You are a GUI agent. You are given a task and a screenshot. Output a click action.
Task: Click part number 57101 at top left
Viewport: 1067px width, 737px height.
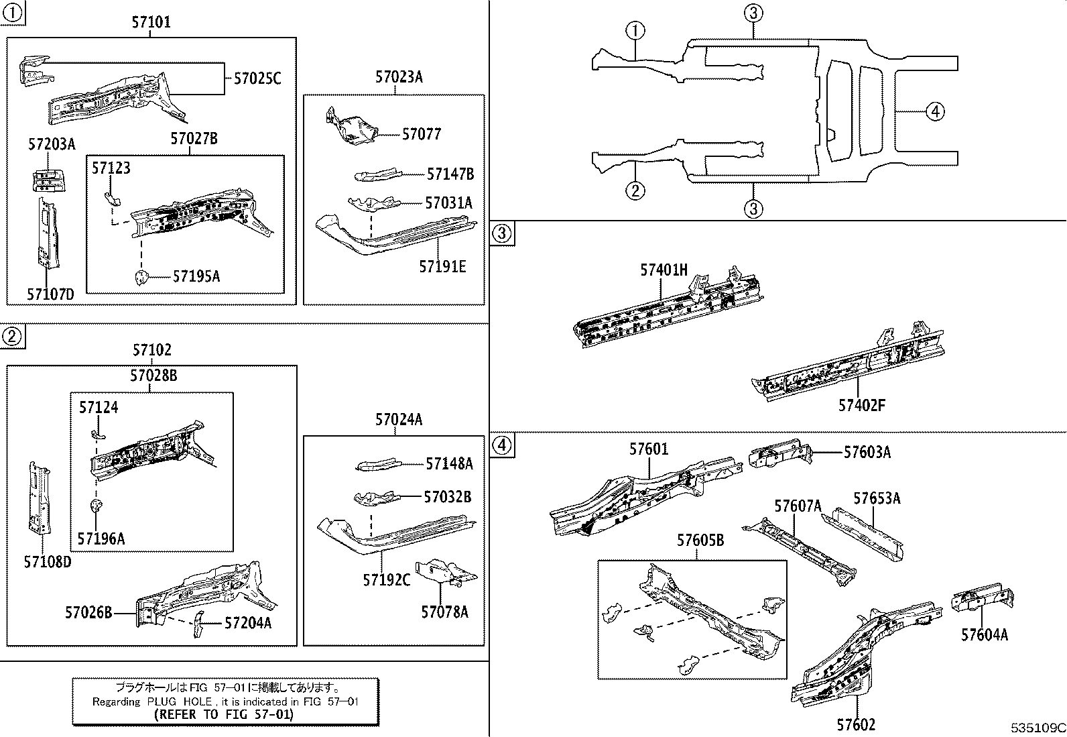(151, 23)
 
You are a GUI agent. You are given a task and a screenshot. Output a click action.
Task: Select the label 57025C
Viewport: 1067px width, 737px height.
(257, 79)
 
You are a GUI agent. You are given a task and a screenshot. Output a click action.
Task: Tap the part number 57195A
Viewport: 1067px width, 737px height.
(196, 276)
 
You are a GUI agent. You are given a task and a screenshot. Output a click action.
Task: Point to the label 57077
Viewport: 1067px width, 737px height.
(421, 134)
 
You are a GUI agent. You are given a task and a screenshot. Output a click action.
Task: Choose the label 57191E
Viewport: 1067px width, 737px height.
(442, 267)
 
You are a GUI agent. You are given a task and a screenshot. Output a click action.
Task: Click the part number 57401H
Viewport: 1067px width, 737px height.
(664, 270)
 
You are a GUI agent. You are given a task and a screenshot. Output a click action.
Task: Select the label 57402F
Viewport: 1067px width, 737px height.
(861, 405)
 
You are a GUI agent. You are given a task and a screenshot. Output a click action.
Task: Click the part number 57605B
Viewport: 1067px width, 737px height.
(700, 541)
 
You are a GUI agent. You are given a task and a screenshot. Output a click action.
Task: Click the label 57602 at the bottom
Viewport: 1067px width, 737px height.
(855, 725)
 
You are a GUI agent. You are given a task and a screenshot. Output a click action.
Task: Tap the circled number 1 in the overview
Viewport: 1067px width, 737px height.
(635, 30)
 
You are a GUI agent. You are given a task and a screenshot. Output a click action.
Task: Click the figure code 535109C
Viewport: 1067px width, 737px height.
(1038, 727)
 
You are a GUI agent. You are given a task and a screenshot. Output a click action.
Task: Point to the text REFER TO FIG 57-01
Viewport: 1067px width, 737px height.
(224, 715)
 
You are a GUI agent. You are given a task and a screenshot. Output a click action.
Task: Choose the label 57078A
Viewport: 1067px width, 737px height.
(444, 612)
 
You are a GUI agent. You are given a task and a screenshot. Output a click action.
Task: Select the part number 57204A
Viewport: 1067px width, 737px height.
(247, 623)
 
